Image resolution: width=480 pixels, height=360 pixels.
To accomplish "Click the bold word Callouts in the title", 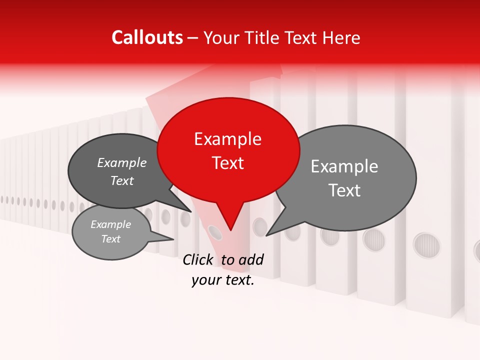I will tap(147, 37).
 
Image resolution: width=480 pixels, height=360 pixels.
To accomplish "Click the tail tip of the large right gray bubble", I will tap(266, 235).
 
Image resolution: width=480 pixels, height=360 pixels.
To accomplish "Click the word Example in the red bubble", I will tap(228, 139).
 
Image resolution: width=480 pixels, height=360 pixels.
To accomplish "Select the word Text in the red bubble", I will tap(228, 163).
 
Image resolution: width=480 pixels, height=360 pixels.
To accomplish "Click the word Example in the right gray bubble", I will tap(344, 166).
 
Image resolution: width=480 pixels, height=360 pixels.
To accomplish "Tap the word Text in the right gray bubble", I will tap(344, 190).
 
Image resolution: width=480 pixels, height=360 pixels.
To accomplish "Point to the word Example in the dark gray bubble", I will tap(122, 162).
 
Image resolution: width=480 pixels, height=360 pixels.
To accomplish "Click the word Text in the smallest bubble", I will tap(111, 239).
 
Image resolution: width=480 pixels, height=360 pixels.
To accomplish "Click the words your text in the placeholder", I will tap(223, 280).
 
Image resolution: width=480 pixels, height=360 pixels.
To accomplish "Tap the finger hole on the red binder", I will tap(214, 231).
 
